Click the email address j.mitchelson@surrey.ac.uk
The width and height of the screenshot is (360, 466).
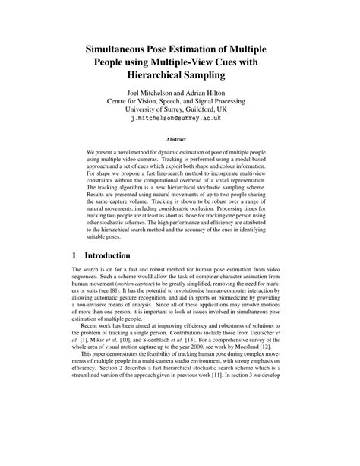179,130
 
